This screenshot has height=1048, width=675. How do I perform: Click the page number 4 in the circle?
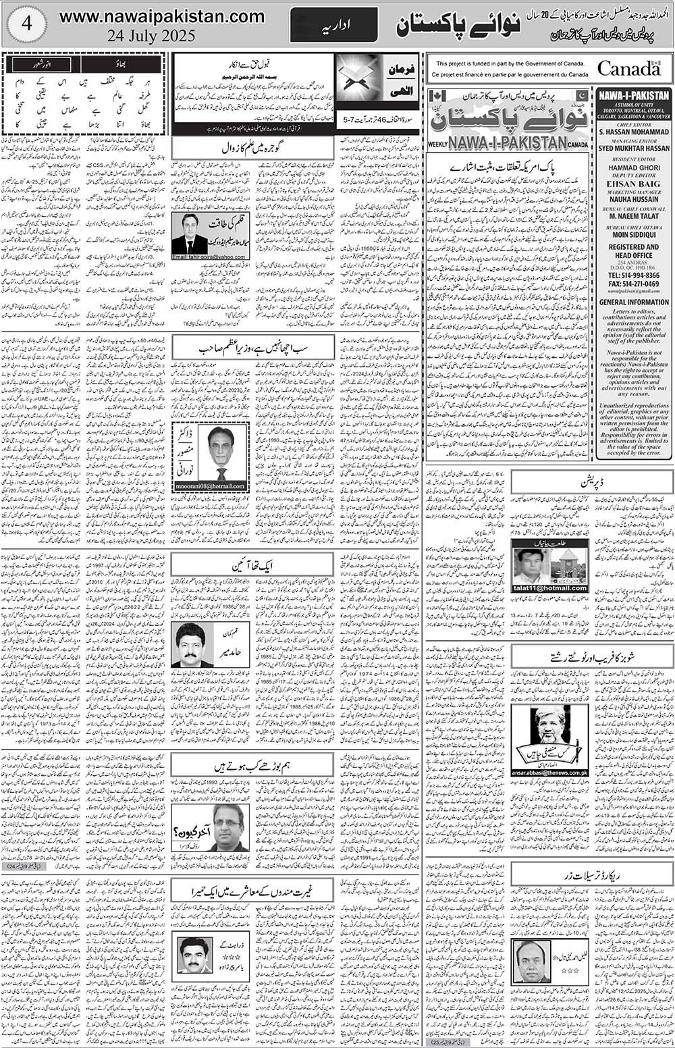coord(26,24)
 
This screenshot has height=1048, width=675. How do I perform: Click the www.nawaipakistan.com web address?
coord(161,17)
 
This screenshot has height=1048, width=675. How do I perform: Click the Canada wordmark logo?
coord(628,68)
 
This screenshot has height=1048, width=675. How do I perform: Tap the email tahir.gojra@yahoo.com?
coord(209,257)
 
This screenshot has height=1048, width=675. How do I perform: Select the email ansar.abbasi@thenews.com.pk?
coord(549,772)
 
